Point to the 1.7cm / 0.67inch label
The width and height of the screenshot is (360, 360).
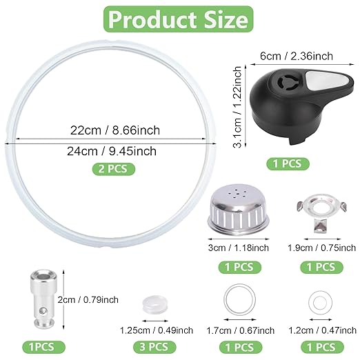coord(237,330)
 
